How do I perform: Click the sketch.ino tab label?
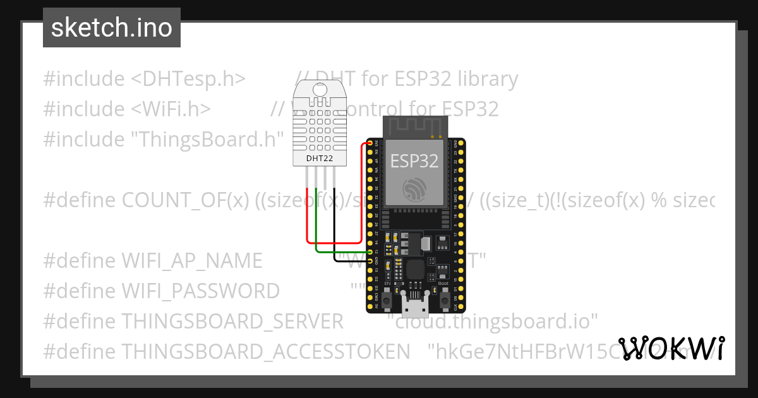112,28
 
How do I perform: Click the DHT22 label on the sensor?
319,158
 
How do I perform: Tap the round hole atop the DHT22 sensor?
320,90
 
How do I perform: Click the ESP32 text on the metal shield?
414,160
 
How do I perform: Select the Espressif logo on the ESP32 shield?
414,188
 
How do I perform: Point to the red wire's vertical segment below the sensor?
307,215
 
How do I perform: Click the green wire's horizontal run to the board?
341,253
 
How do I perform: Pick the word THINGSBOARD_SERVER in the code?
232,321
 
